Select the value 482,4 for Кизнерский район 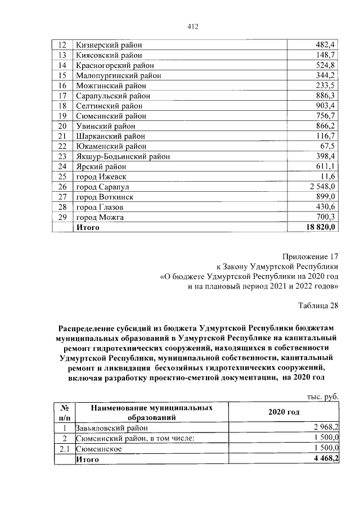click(325, 44)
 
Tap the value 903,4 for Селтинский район click(325, 106)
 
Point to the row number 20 click(62, 126)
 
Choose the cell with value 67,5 click(328, 146)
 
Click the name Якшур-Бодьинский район click(123, 156)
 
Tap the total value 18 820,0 click(320, 227)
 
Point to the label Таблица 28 click(318, 305)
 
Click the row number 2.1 click(64, 449)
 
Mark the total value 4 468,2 click(322, 460)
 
